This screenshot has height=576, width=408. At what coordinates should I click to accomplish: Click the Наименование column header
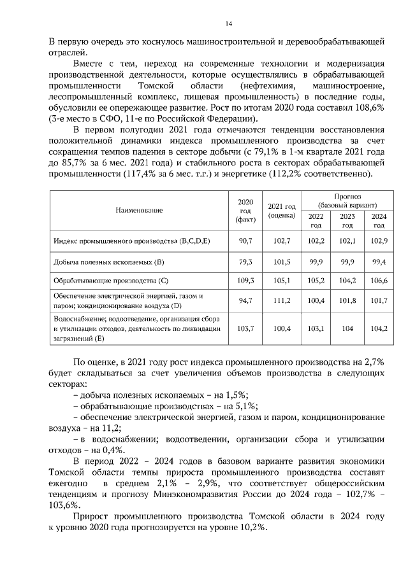point(139,210)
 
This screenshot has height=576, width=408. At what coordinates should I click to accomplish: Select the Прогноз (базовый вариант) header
point(347,201)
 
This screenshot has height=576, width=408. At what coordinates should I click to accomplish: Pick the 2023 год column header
point(347,221)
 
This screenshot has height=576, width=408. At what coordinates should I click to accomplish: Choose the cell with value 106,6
point(379,280)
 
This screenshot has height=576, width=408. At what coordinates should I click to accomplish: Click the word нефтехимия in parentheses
point(265,85)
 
